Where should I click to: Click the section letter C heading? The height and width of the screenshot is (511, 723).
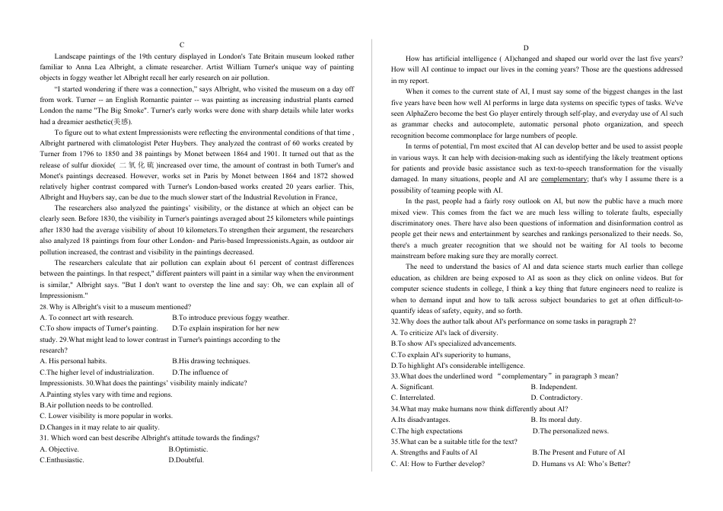182,46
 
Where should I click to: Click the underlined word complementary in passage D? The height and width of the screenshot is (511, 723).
564,180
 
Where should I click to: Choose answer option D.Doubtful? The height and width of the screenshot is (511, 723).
186,460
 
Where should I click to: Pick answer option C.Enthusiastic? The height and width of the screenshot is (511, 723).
62,460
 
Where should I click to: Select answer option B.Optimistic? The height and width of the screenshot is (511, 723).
188,449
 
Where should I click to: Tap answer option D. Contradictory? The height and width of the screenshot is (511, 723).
556,398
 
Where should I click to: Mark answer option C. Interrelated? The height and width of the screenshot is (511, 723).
413,398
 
